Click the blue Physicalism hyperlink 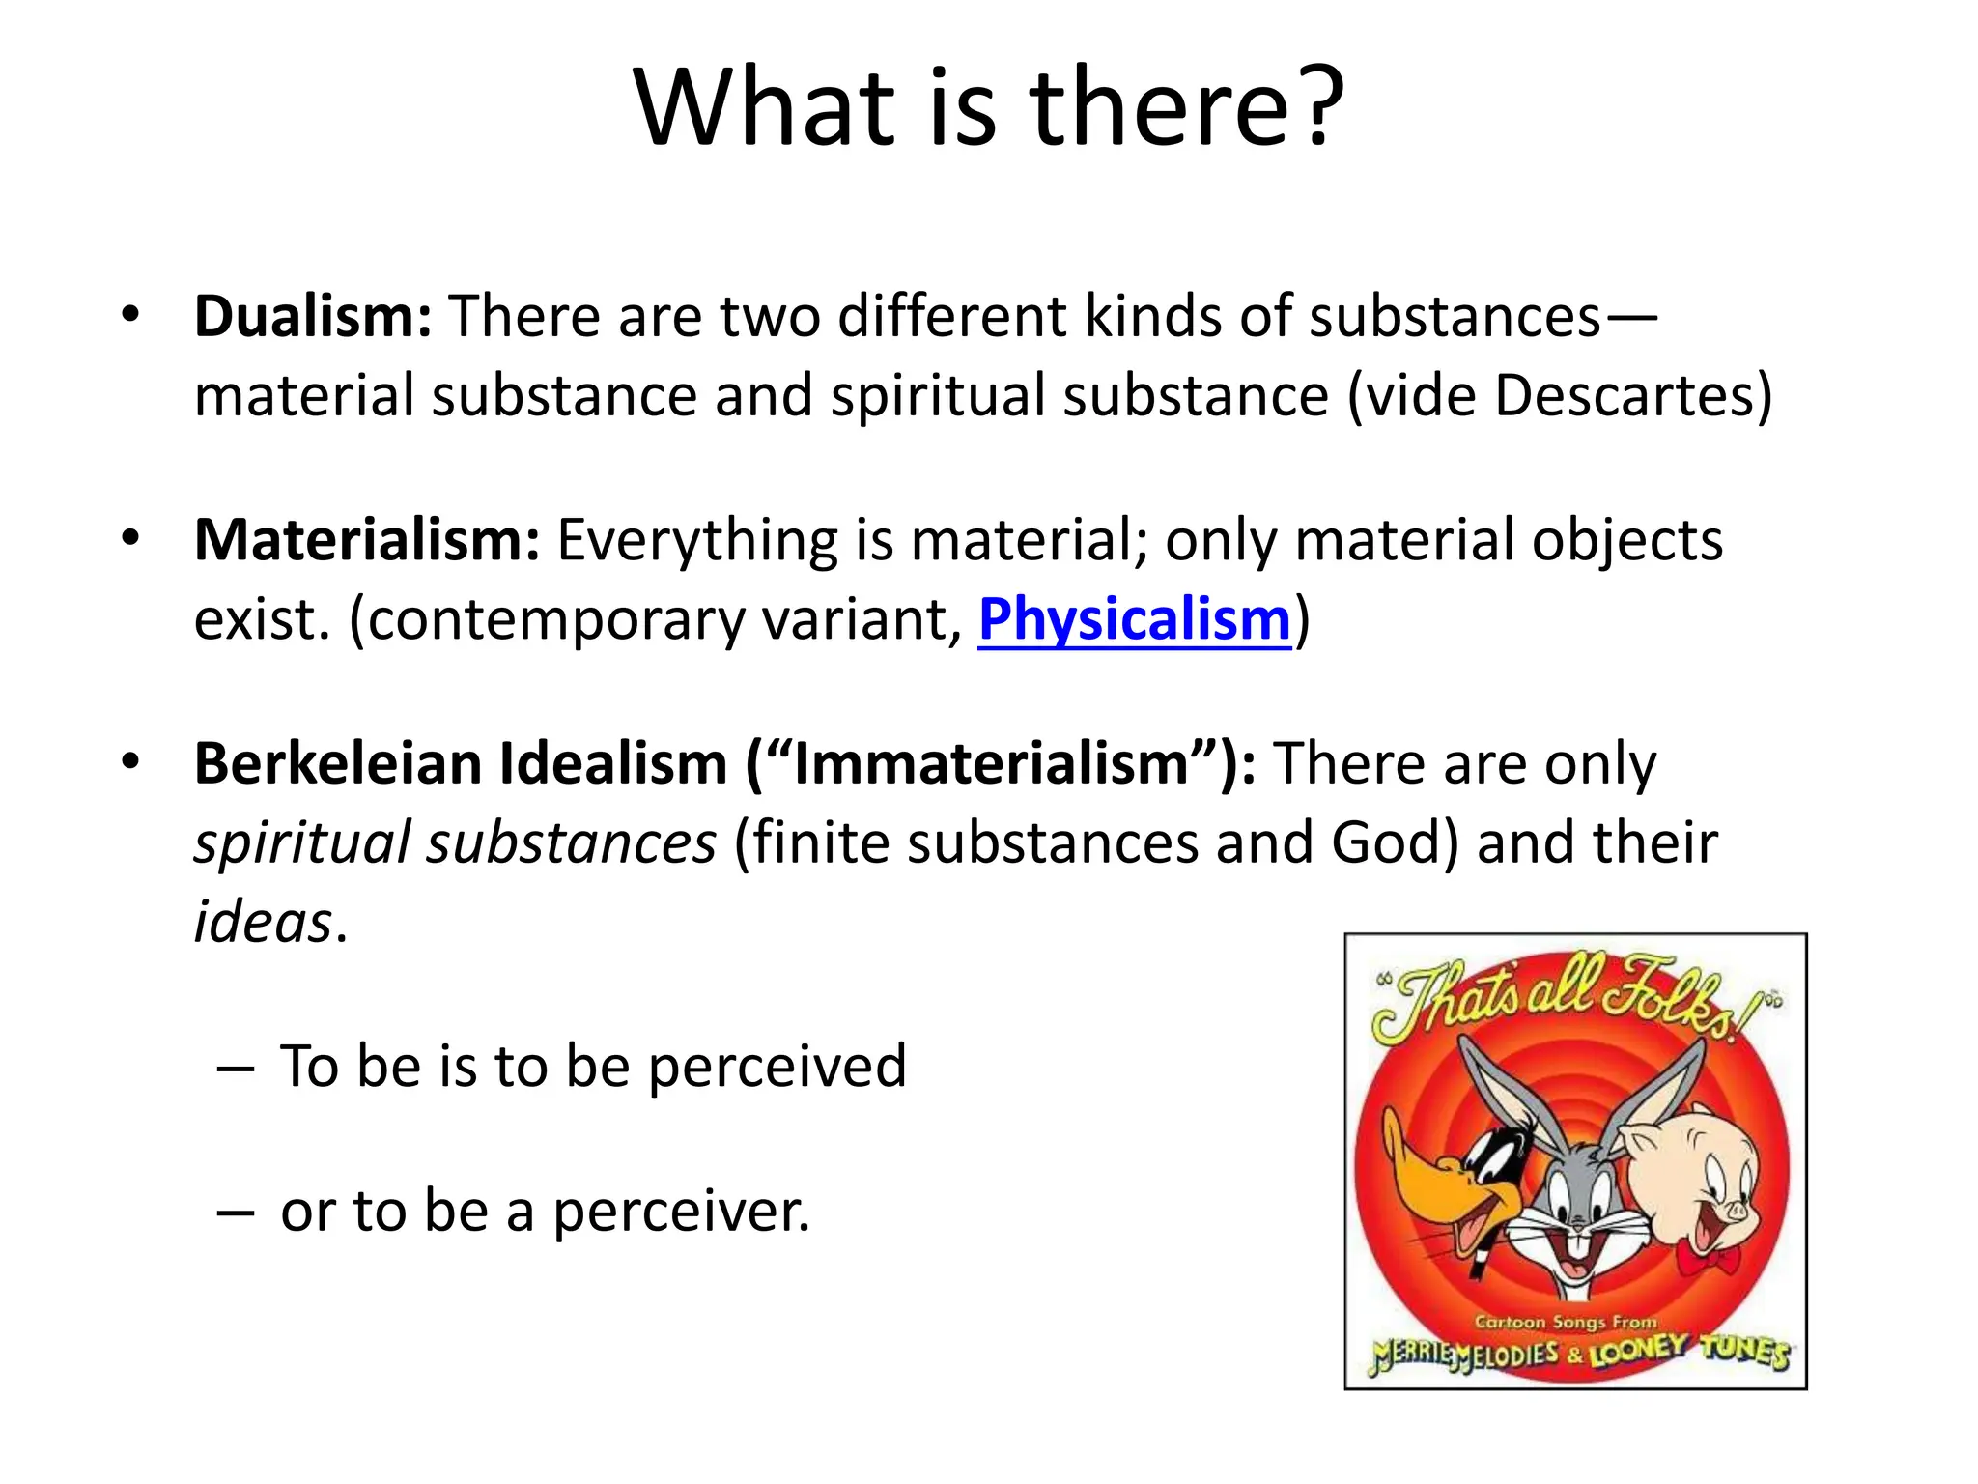click(1134, 618)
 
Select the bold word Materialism click(366, 539)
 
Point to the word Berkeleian click(338, 763)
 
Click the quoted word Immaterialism click(990, 763)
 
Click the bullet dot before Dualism click(131, 313)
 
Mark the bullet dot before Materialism click(131, 537)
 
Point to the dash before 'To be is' click(236, 1069)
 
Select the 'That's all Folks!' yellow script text click(1569, 1000)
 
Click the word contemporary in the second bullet click(557, 618)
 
